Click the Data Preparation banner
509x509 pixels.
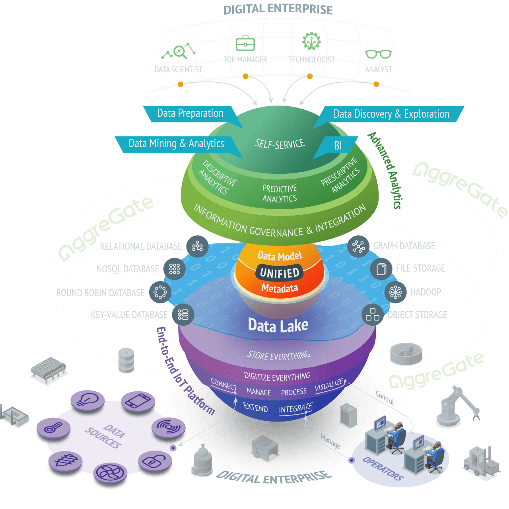pos(190,113)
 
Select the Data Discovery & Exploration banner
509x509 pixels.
pos(391,114)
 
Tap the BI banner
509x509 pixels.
pos(338,146)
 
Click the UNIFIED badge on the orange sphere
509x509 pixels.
pos(280,273)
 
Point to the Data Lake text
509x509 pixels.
pos(278,326)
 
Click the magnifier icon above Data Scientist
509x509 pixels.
pos(180,51)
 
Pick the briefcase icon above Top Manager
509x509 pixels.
pos(245,43)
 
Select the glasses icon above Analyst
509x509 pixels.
pos(378,54)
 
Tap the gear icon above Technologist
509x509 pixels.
pos(311,42)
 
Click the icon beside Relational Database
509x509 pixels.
pos(197,247)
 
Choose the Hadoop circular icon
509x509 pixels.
pos(395,292)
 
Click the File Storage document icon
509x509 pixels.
pos(381,269)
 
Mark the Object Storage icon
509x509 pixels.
pos(373,315)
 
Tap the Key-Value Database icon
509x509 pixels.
pos(183,315)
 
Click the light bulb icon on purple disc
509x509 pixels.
pos(87,399)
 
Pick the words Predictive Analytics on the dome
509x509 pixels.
pos(280,194)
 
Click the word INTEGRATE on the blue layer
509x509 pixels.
pos(295,408)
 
